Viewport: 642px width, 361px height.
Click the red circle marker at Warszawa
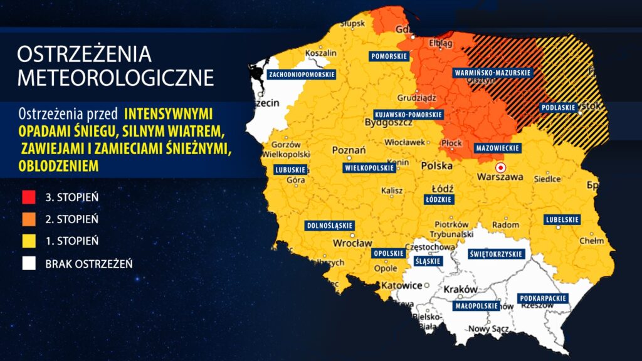click(x=500, y=168)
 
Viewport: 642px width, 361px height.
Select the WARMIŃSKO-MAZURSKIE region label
click(x=492, y=73)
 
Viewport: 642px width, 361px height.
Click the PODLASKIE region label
click(x=557, y=107)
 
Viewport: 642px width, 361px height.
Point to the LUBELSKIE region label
click(x=562, y=219)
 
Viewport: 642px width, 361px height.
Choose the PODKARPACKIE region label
click(x=543, y=298)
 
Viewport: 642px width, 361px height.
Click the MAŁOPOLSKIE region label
click(x=476, y=306)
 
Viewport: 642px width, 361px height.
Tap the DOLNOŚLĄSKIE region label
click(x=329, y=225)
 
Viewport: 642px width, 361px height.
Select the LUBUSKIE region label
click(x=290, y=170)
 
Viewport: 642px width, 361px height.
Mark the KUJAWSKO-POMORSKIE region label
click(x=408, y=115)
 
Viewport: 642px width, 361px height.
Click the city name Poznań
click(x=348, y=151)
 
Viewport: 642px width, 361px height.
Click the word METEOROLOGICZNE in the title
click(x=115, y=78)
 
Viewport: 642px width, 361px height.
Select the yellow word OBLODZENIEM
click(x=58, y=165)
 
